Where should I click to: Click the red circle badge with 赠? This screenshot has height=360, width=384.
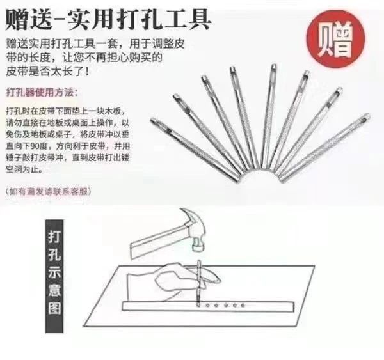click(336, 39)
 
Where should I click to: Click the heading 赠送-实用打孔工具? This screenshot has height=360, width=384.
click(108, 20)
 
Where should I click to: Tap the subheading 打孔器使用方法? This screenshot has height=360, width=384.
click(42, 93)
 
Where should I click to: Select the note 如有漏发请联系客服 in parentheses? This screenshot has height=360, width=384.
click(48, 191)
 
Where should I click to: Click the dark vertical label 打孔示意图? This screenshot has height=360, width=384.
click(54, 276)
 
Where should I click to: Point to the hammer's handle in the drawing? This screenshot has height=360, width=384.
click(159, 241)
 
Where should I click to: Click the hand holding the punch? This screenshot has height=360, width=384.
click(172, 281)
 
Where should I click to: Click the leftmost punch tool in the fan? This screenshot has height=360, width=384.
click(195, 150)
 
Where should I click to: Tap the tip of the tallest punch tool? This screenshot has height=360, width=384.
click(273, 67)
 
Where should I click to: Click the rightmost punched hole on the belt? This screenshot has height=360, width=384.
click(243, 306)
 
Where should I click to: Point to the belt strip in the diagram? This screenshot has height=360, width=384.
click(208, 306)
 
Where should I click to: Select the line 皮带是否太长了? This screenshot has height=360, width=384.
click(47, 72)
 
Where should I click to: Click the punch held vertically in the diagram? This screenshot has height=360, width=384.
click(198, 283)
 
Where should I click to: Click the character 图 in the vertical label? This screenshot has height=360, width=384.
click(54, 308)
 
